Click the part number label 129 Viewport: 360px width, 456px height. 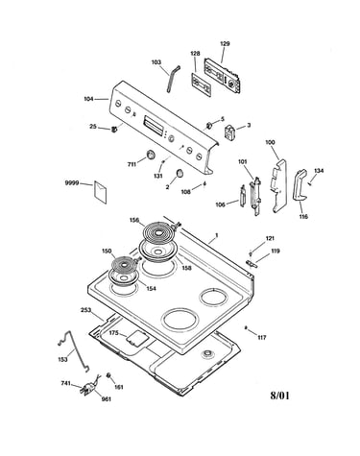pos(225,43)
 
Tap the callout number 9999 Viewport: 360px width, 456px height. pos(72,183)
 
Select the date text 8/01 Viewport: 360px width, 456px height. pos(279,396)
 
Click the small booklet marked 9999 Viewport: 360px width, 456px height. pos(101,192)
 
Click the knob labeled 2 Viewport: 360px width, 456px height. pos(180,173)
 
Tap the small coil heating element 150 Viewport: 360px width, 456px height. pos(123,265)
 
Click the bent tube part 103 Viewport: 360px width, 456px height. pos(173,79)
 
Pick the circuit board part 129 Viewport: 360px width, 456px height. pos(223,75)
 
